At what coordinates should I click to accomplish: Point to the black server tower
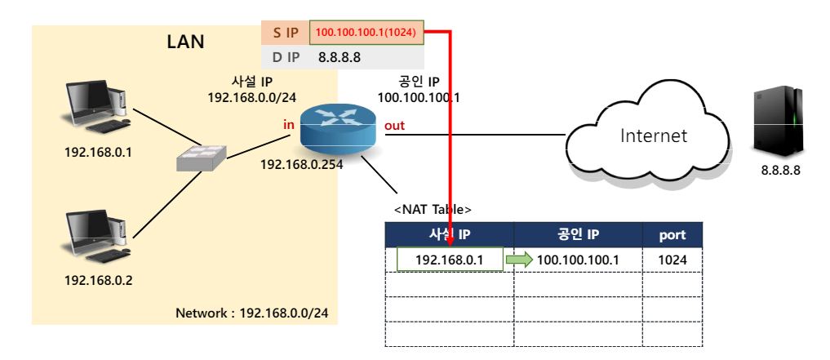pos(780,122)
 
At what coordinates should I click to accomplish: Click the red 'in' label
pos(288,125)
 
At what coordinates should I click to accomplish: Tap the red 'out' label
pos(394,126)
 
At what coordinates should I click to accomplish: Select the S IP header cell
pos(285,33)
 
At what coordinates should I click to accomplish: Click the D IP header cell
pos(285,57)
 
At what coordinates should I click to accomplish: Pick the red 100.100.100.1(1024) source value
pos(366,33)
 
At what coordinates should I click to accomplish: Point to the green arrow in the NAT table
pos(517,260)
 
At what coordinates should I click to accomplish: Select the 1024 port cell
pos(672,260)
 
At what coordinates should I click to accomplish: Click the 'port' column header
pos(672,235)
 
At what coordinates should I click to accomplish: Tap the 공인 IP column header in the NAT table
pos(578,235)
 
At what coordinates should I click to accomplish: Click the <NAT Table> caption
pos(433,210)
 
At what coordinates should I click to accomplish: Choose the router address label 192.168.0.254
pos(301,164)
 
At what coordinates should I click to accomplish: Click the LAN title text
pos(185,42)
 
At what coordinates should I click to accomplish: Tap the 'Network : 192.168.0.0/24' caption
pos(255,313)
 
